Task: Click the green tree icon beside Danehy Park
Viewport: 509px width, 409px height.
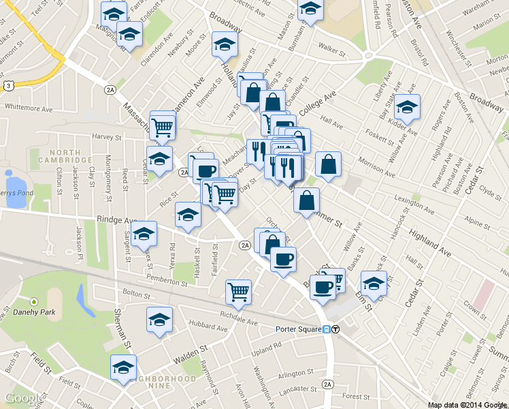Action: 34,301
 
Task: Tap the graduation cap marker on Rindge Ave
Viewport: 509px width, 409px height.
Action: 144,234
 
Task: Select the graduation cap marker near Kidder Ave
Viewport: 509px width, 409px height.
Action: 407,106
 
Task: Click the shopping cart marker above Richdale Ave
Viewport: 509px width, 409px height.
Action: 238,292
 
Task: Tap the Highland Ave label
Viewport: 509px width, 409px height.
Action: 430,243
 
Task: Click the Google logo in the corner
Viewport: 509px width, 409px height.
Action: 22,398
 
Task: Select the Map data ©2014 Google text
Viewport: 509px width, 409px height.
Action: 468,405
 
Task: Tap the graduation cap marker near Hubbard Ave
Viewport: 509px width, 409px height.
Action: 159,320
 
